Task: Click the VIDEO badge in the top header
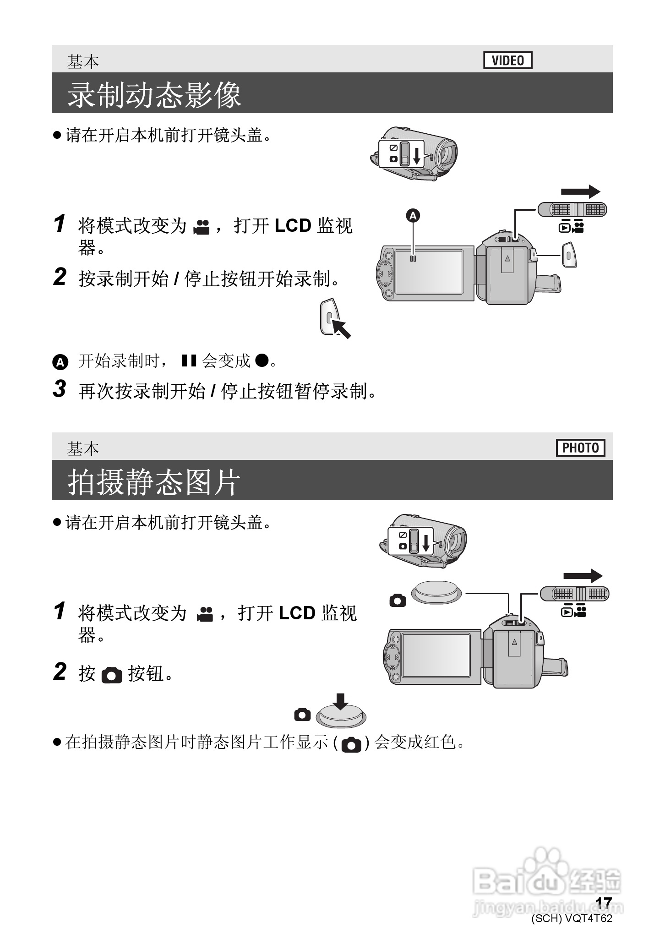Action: coord(507,60)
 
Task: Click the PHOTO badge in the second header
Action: coord(580,448)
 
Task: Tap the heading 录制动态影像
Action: coord(154,95)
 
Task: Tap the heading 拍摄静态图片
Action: coord(154,482)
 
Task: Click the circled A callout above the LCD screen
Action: coord(413,215)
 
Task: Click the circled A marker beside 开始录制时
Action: coord(60,362)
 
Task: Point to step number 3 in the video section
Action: coord(60,389)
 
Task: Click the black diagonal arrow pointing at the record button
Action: coord(341,328)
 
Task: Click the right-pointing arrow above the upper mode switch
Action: coord(580,191)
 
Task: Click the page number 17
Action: coord(604,902)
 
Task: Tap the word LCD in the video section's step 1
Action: coord(293,225)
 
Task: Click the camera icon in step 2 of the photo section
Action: coord(112,675)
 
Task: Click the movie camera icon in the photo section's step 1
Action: coord(205,614)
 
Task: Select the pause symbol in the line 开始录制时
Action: coord(189,361)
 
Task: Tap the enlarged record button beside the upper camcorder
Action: coord(568,254)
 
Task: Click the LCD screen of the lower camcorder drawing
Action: coord(436,655)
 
